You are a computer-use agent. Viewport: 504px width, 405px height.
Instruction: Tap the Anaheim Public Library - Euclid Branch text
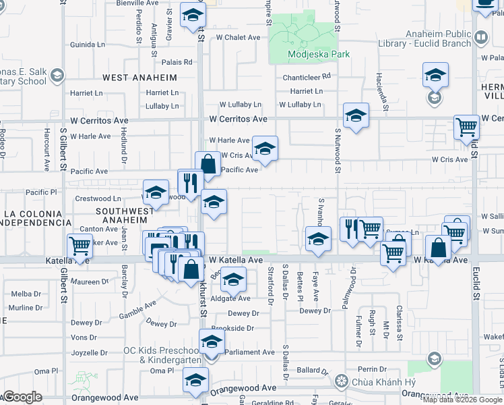click(438, 39)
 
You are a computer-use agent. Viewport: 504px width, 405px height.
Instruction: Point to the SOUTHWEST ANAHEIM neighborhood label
click(121, 215)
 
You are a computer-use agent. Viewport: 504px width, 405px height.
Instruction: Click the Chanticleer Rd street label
click(307, 77)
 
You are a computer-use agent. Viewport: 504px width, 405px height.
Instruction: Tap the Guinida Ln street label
click(88, 45)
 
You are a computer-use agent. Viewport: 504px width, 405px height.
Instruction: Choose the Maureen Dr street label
click(90, 281)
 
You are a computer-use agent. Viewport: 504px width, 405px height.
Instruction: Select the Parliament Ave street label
click(249, 352)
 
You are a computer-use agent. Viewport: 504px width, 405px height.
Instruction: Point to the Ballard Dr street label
click(312, 371)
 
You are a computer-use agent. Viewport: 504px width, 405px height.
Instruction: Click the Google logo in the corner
click(22, 397)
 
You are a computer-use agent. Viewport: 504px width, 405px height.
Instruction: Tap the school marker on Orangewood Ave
click(195, 382)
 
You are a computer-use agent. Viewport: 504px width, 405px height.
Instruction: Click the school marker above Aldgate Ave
click(233, 279)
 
